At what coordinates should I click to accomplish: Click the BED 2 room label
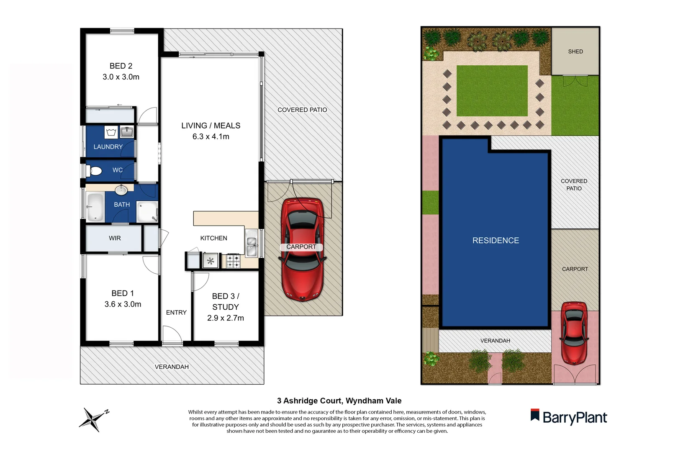(x=121, y=66)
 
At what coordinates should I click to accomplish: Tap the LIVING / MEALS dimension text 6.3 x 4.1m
(x=211, y=137)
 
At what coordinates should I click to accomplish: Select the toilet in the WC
(x=96, y=171)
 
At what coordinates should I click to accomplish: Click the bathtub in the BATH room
(x=95, y=207)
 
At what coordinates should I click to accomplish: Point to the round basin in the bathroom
(x=121, y=190)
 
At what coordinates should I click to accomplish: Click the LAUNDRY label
(x=108, y=147)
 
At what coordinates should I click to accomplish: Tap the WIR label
(x=115, y=238)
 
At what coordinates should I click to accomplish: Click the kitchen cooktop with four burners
(x=233, y=262)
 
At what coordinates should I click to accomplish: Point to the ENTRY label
(x=176, y=313)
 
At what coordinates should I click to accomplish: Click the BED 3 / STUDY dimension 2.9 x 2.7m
(x=225, y=318)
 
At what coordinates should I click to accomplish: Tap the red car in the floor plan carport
(x=302, y=249)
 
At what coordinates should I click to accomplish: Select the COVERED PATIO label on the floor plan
(x=302, y=110)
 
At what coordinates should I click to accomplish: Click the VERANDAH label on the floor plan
(x=172, y=367)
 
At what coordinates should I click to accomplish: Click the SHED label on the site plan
(x=575, y=51)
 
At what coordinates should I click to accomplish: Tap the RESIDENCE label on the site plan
(x=496, y=241)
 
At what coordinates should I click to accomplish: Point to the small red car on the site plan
(x=574, y=333)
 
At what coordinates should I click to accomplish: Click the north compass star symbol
(x=93, y=419)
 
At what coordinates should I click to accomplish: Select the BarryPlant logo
(x=569, y=417)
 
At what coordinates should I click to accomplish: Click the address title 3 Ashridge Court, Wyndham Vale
(x=339, y=401)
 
